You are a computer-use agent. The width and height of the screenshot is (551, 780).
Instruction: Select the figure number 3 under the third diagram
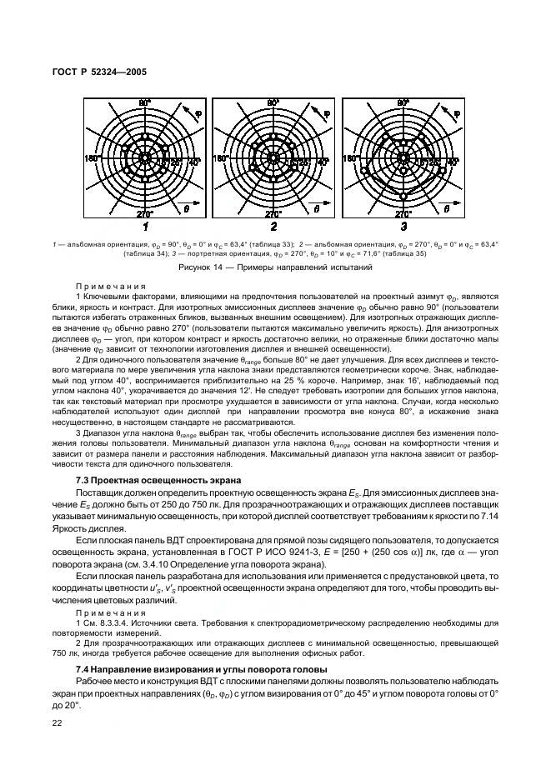403,226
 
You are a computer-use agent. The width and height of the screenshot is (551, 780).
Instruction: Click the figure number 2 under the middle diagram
273,226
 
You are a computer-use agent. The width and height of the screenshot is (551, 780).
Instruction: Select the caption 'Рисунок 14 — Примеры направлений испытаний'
274,267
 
